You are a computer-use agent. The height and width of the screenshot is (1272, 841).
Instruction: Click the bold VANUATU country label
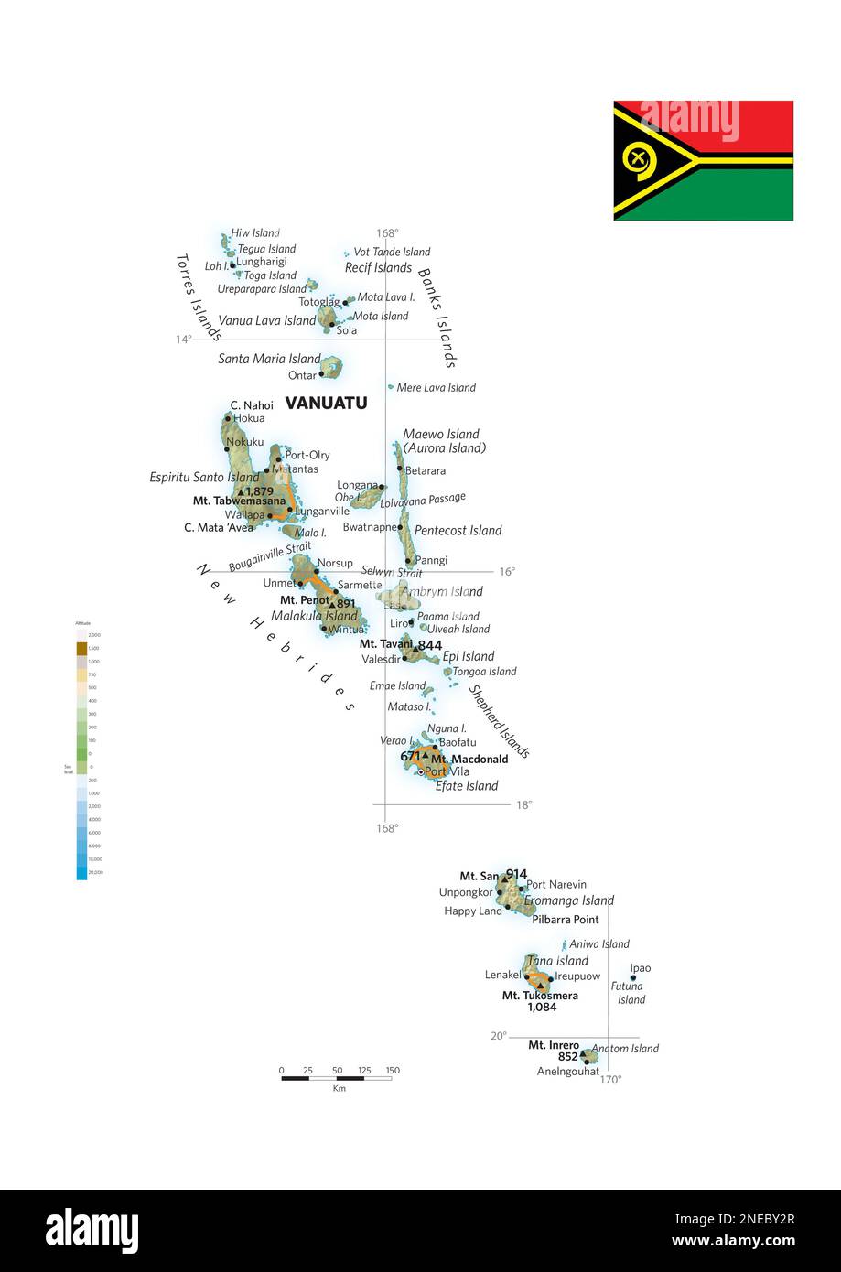326,403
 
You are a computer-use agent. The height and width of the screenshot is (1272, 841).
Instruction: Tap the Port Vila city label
447,771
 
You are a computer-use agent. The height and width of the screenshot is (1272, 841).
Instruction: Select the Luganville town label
322,512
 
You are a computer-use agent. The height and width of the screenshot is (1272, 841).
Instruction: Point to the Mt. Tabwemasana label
239,501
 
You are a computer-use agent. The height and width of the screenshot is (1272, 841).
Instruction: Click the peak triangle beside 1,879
240,491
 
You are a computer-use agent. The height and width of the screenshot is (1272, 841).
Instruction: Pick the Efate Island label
466,786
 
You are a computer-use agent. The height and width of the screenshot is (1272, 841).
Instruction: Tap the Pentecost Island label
458,531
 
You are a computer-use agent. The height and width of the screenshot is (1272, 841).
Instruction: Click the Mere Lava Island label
436,388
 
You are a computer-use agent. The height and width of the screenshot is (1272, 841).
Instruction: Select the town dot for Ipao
632,978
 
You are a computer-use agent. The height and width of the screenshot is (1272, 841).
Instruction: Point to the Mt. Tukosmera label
540,996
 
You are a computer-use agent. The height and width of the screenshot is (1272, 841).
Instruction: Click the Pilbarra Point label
565,920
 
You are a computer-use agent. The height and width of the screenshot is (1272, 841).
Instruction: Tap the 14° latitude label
184,340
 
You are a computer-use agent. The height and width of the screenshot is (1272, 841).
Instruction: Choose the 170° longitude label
610,1080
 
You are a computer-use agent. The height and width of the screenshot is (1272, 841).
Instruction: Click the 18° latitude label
523,805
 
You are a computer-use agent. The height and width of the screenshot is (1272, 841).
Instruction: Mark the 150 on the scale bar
393,1071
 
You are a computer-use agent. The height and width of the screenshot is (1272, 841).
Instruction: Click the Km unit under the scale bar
340,1089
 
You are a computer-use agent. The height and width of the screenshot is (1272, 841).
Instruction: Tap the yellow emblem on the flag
640,160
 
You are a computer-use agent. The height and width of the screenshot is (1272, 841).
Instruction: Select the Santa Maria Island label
269,360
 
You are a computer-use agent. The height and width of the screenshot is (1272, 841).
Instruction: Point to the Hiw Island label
254,233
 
